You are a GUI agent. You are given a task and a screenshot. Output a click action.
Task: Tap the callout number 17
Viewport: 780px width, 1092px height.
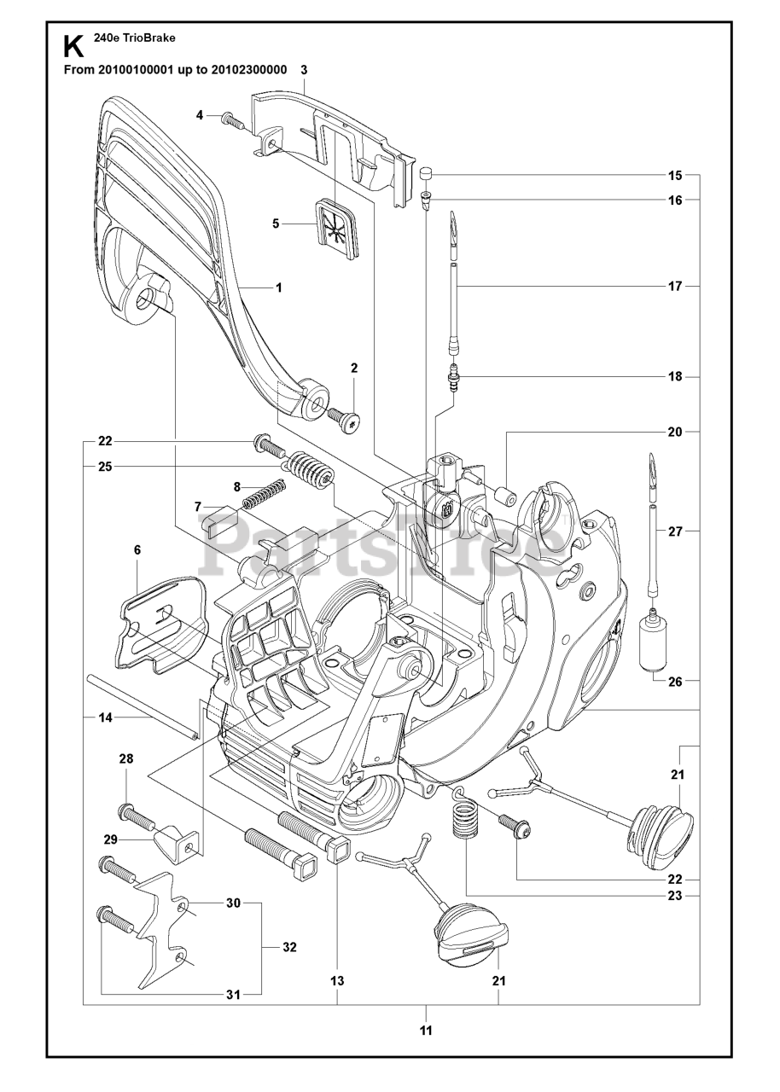pos(674,287)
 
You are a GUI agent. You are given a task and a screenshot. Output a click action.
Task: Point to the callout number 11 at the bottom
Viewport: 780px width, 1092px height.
pos(426,1030)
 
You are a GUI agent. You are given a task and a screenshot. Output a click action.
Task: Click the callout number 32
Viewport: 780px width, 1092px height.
pos(289,947)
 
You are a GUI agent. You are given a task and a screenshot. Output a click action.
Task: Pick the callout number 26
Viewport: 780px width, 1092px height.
pos(674,681)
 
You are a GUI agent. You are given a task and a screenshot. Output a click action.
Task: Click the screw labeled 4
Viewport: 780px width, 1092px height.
pos(231,120)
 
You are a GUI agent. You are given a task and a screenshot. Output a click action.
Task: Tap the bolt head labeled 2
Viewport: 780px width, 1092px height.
pos(347,419)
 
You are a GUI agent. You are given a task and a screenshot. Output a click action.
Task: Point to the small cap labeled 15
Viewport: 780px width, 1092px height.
pos(428,176)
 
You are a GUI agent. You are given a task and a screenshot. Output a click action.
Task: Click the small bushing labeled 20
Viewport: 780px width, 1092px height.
pos(504,492)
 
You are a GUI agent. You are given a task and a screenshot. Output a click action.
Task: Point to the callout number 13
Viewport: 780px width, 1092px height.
pos(337,982)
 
